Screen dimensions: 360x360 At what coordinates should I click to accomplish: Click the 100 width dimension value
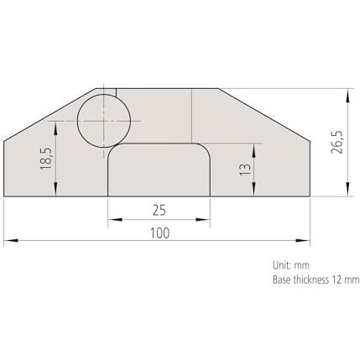tap(160, 233)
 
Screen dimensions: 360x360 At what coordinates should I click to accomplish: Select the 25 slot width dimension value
tap(159, 211)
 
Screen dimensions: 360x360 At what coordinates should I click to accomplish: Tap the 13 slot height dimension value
tap(245, 169)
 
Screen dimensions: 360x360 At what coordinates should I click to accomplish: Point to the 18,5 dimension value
tap(46, 159)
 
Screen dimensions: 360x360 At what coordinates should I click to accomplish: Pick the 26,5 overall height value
tap(337, 142)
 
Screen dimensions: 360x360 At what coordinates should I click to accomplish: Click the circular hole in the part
tap(104, 121)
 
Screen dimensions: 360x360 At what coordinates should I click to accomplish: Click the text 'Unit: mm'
tap(291, 265)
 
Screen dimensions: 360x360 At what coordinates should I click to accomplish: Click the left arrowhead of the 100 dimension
tap(11, 240)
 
